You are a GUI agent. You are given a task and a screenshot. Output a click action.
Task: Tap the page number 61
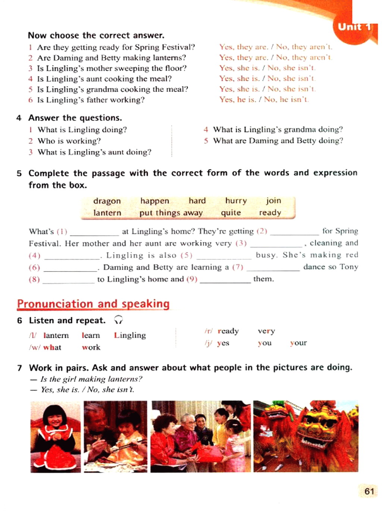(369, 491)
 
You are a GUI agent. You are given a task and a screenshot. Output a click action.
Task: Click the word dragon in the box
(107, 201)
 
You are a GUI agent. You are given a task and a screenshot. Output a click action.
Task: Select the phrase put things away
(171, 213)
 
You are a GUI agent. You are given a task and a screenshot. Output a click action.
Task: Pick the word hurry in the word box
(236, 201)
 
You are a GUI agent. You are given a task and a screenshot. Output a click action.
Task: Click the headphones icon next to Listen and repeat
(118, 320)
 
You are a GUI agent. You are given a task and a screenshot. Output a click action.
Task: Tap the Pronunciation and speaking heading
(93, 304)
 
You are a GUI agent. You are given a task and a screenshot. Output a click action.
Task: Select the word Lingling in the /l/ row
(130, 335)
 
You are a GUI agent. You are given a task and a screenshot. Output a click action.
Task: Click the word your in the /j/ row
(298, 343)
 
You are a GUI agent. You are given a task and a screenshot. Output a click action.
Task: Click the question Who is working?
(69, 141)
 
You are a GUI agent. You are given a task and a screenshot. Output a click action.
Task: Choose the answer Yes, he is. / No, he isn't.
(264, 100)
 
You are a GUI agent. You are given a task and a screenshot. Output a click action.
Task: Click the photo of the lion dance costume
(306, 436)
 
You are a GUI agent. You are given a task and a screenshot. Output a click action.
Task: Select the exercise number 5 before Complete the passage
(19, 173)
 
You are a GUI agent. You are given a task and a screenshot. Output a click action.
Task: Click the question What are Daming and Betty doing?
(278, 141)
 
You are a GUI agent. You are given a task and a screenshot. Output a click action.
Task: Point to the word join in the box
(273, 201)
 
